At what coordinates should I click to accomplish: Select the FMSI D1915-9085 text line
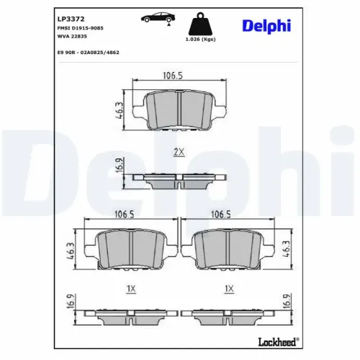point(80,27)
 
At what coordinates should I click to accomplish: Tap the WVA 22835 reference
point(71,37)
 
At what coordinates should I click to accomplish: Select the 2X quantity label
point(179,152)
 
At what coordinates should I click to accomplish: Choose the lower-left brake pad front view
point(129,249)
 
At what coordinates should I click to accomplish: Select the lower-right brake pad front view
point(230,249)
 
